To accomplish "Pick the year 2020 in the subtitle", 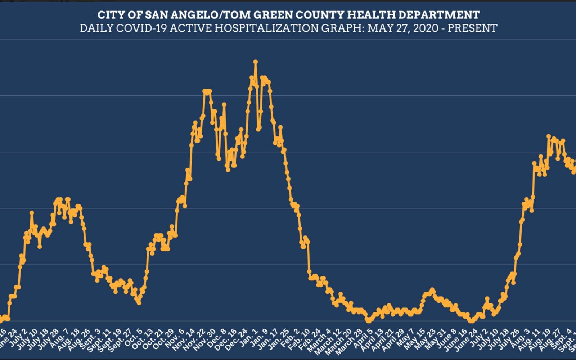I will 426,28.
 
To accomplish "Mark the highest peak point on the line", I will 256,62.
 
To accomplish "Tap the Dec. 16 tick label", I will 228,339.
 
